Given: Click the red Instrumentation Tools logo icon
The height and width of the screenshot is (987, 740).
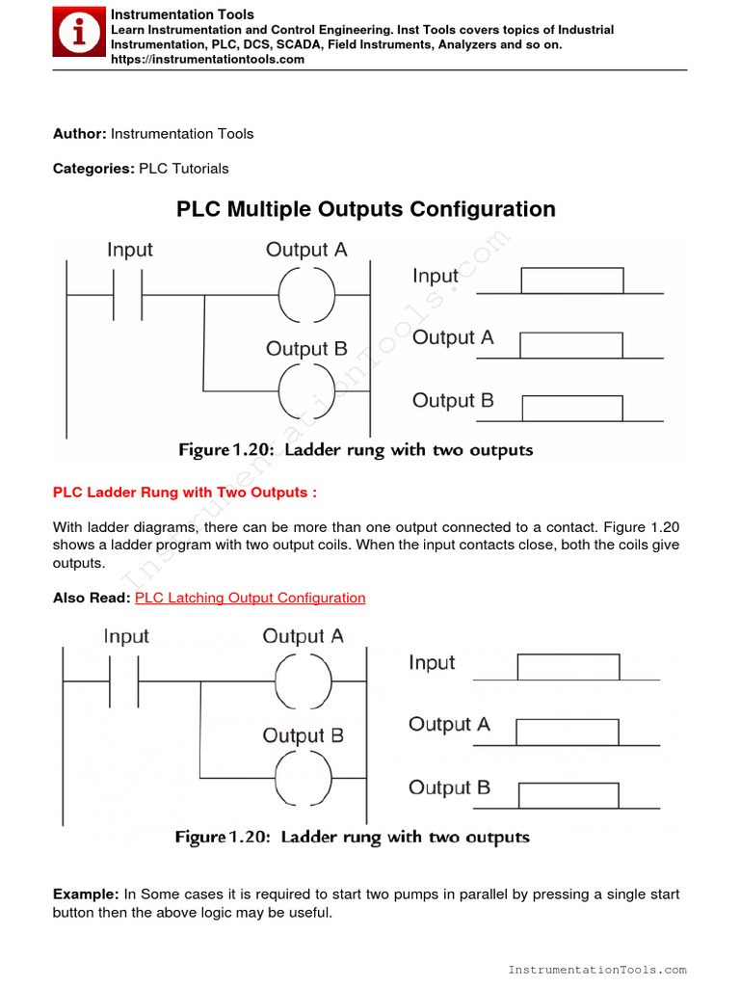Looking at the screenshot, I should pyautogui.click(x=77, y=35).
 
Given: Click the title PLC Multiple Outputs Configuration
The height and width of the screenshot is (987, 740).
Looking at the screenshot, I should pyautogui.click(x=366, y=209).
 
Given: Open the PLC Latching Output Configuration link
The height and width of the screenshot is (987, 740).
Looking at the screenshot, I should pyautogui.click(x=251, y=598).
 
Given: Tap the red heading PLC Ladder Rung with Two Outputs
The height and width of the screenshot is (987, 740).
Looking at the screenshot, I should pyautogui.click(x=185, y=493).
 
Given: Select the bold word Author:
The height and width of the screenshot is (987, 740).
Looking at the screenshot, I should pyautogui.click(x=80, y=134).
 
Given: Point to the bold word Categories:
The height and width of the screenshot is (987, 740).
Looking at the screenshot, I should pyautogui.click(x=93, y=169).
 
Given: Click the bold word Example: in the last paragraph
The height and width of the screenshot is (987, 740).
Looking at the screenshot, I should pyautogui.click(x=86, y=894).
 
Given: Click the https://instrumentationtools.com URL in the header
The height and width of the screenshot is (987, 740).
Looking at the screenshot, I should pyautogui.click(x=207, y=59).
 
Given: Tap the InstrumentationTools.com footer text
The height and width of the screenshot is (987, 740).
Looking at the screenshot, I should pyautogui.click(x=597, y=970).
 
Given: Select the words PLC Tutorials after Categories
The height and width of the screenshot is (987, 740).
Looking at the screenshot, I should pyautogui.click(x=184, y=169).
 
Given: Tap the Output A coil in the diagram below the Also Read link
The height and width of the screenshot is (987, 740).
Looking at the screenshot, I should pyautogui.click(x=303, y=680).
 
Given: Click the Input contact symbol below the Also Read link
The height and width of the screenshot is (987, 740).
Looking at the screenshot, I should pyautogui.click(x=124, y=680).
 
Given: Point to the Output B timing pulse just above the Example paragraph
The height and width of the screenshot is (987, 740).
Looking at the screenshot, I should pyautogui.click(x=568, y=795).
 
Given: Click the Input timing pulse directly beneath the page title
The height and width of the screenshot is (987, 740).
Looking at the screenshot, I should pyautogui.click(x=571, y=280).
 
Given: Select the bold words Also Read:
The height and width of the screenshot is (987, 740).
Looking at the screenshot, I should pyautogui.click(x=92, y=598).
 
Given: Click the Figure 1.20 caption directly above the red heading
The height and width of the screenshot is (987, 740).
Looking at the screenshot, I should pyautogui.click(x=356, y=450).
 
